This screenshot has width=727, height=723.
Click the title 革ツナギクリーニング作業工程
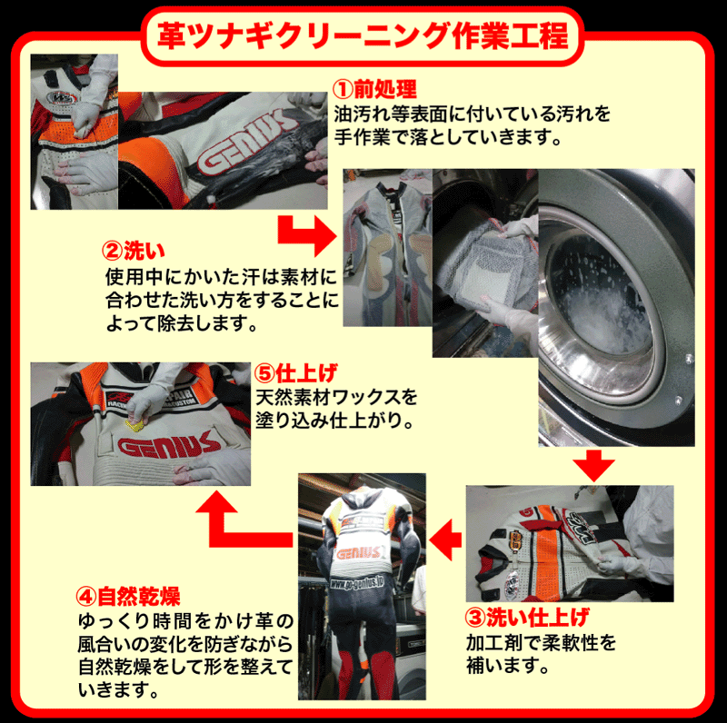click(363, 35)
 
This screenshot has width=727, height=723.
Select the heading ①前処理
click(374, 88)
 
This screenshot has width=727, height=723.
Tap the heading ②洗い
click(134, 251)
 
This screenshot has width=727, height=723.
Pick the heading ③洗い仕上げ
click(527, 617)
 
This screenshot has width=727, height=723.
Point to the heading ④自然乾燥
click(128, 596)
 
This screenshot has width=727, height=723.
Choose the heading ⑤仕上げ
click(296, 373)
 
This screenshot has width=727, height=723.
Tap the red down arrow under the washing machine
click(593, 465)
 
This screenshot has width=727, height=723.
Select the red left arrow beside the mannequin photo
click(445, 540)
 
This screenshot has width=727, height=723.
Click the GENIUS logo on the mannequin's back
click(359, 553)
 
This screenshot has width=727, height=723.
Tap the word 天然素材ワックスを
click(336, 397)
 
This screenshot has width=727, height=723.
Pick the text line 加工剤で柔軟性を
click(541, 643)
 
